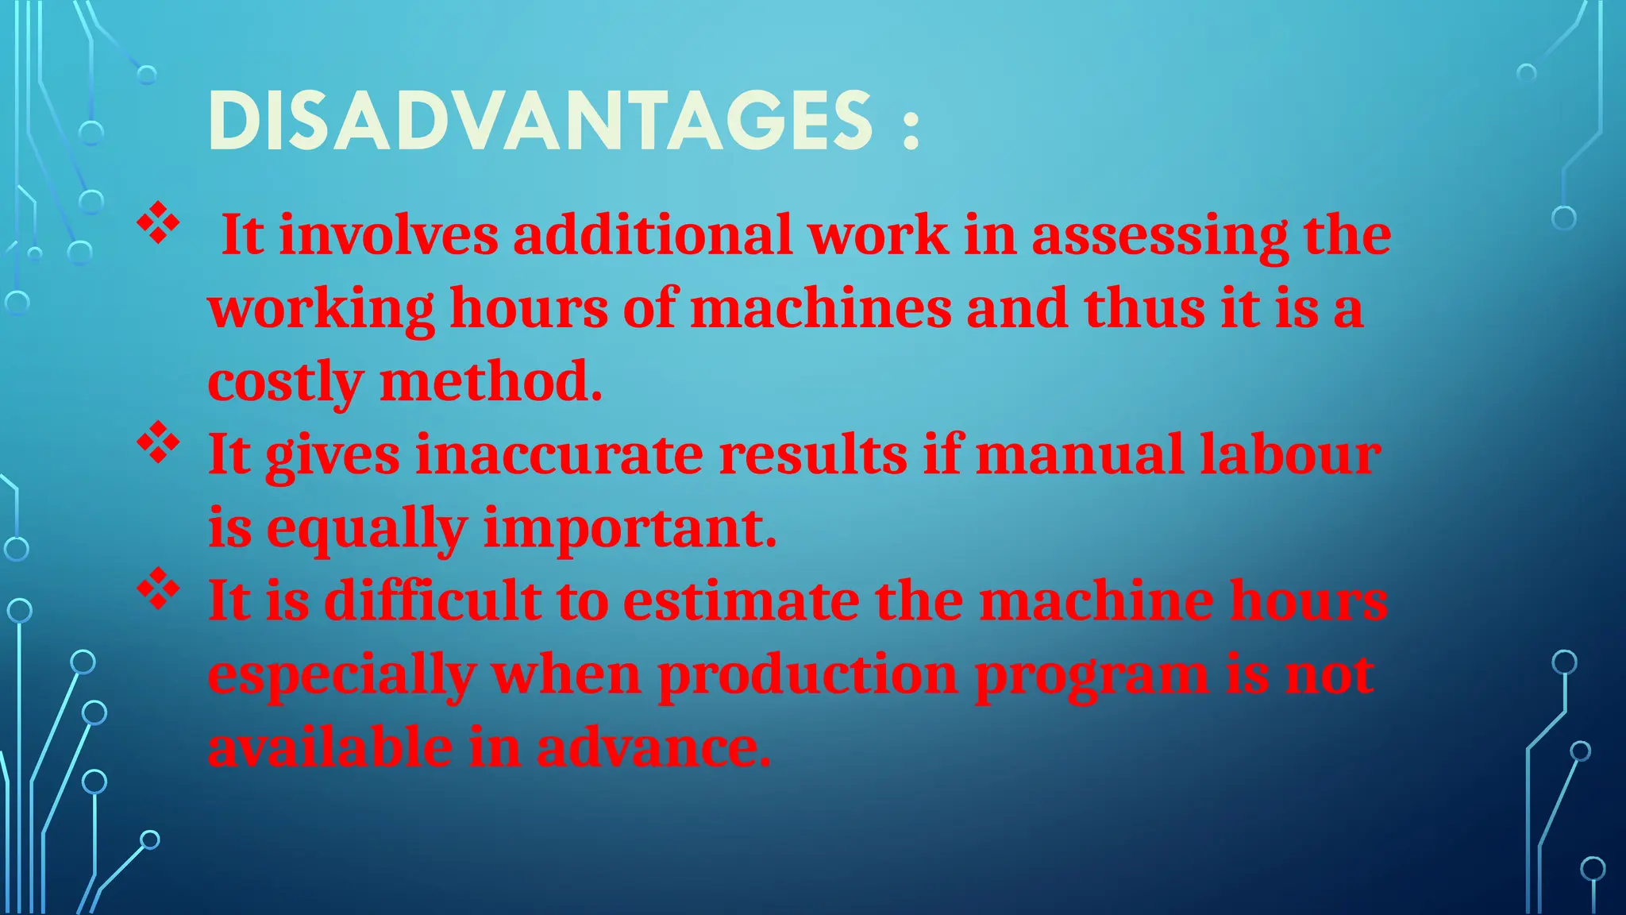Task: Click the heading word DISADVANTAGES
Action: pyautogui.click(x=540, y=121)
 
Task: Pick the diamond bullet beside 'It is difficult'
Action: pyautogui.click(x=159, y=589)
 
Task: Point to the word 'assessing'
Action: pyautogui.click(x=1160, y=237)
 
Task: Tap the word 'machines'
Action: pyautogui.click(x=821, y=308)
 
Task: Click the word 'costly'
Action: pyautogui.click(x=285, y=383)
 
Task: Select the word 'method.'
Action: pyautogui.click(x=491, y=381)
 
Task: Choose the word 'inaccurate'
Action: pyautogui.click(x=560, y=454)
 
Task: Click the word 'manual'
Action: pyautogui.click(x=1080, y=454)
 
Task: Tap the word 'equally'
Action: pyautogui.click(x=367, y=529)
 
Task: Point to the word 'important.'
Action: pyautogui.click(x=630, y=529)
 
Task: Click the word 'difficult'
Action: pyautogui.click(x=433, y=600)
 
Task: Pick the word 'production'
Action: pyautogui.click(x=808, y=675)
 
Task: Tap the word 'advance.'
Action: pyautogui.click(x=653, y=748)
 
